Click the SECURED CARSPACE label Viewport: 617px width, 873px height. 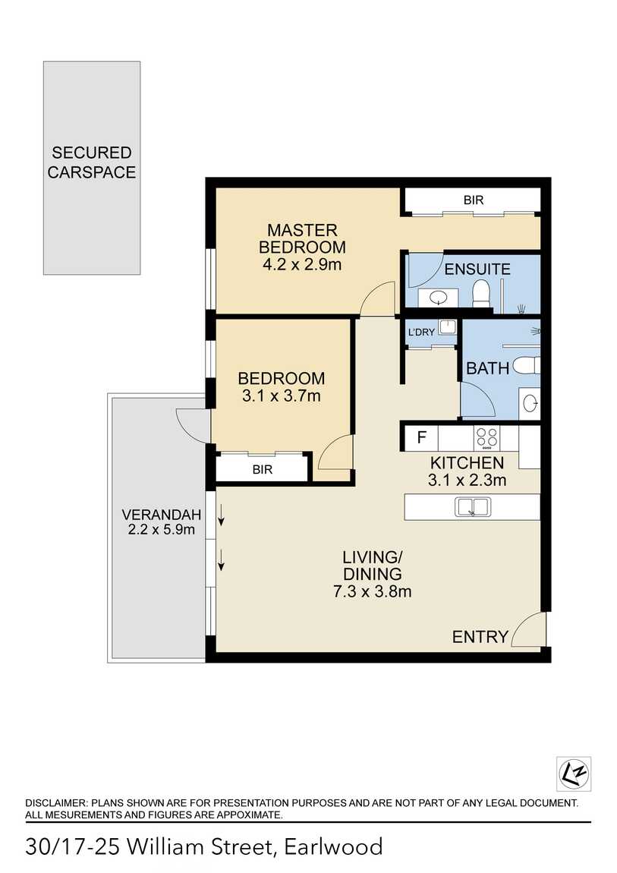pyautogui.click(x=91, y=162)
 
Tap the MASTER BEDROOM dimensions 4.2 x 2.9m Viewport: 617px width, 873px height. pyautogui.click(x=302, y=266)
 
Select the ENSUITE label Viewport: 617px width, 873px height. pyautogui.click(x=477, y=269)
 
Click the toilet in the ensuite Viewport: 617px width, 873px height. pyautogui.click(x=481, y=293)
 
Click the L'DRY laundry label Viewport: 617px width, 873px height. pyautogui.click(x=421, y=332)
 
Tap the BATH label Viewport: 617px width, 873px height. pyautogui.click(x=487, y=369)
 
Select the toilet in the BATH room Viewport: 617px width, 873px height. pyautogui.click(x=527, y=366)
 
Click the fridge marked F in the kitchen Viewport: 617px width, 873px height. pyautogui.click(x=422, y=437)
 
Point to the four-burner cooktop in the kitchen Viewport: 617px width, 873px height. pyautogui.click(x=486, y=437)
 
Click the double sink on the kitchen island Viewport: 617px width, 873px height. pyautogui.click(x=472, y=507)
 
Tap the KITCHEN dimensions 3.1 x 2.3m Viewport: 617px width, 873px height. pyautogui.click(x=467, y=480)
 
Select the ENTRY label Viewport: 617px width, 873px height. pyautogui.click(x=480, y=637)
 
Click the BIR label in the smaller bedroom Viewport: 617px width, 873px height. pyautogui.click(x=263, y=470)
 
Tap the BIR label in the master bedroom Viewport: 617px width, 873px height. pyautogui.click(x=473, y=200)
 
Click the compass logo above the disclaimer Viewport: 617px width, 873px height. pyautogui.click(x=573, y=774)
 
